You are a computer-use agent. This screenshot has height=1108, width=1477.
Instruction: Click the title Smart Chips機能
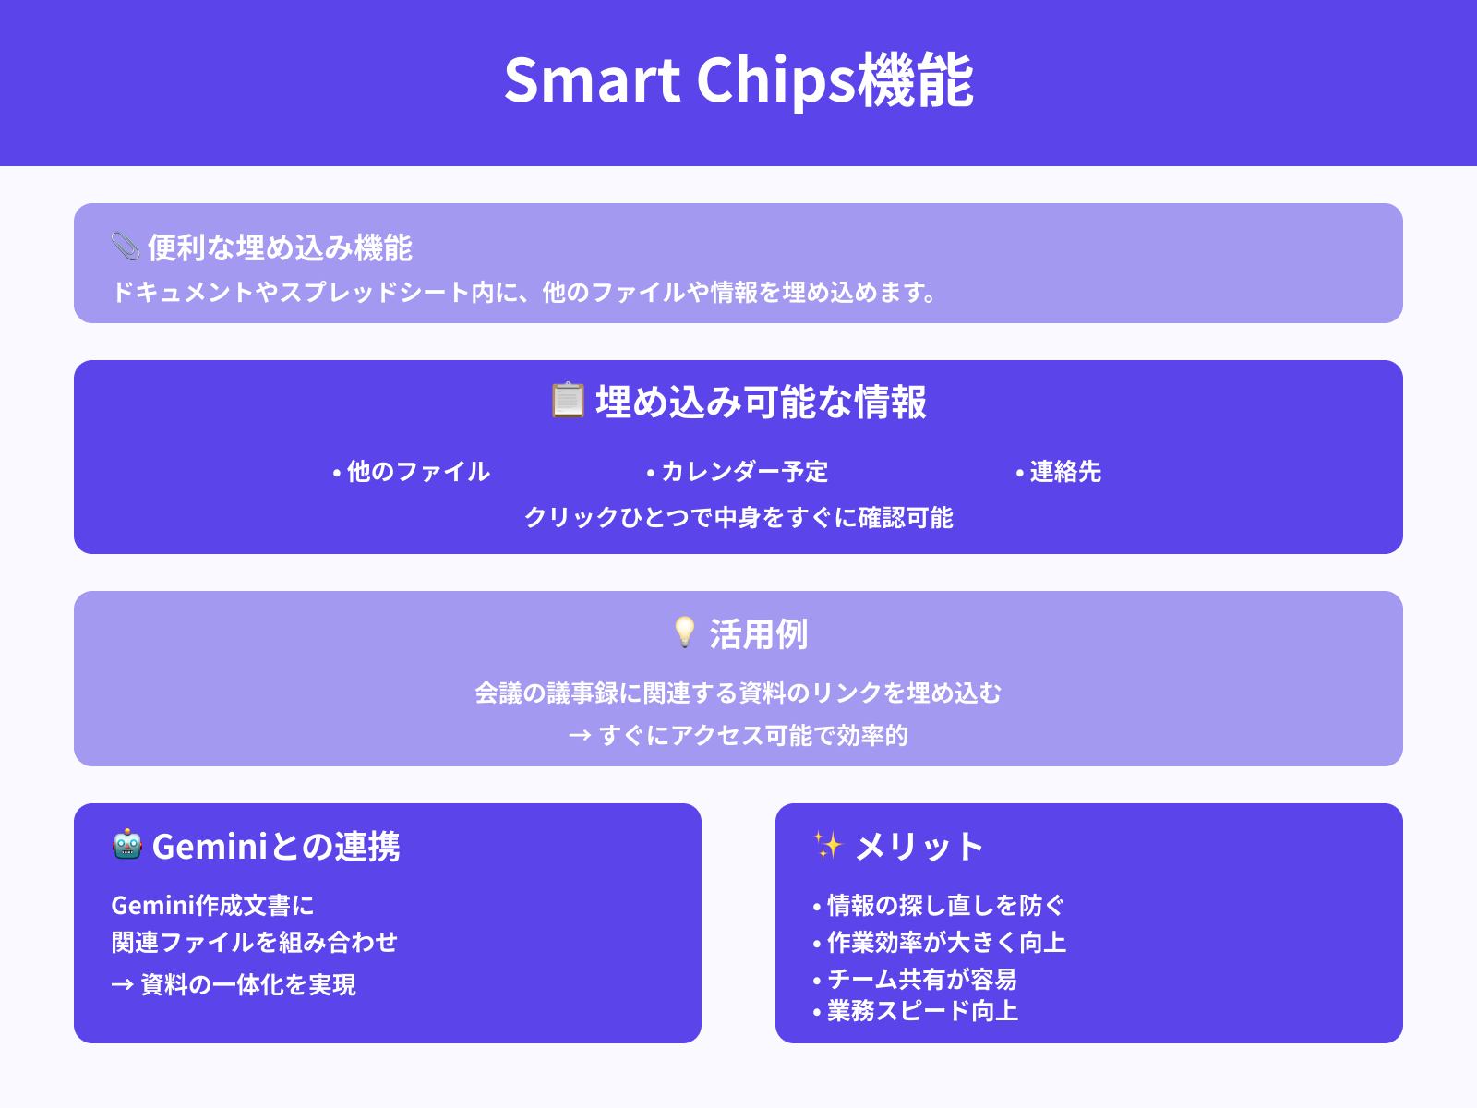coord(738,80)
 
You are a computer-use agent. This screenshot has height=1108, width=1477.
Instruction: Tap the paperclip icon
coord(125,247)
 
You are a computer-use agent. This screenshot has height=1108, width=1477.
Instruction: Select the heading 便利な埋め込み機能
coord(280,247)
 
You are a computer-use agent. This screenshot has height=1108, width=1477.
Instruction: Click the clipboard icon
coord(568,401)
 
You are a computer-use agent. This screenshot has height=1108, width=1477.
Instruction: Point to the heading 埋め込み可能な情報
coord(761,403)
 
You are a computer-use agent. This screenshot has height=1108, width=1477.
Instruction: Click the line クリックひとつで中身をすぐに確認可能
coord(738,517)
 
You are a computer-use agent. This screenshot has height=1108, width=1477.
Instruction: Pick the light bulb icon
coord(684,632)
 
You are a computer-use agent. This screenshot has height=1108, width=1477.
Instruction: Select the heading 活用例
coord(758,634)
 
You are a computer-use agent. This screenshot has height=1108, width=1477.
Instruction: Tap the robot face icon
coord(126,845)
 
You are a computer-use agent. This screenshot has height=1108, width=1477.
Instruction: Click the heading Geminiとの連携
coord(275,847)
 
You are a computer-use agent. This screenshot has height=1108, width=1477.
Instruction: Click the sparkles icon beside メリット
coord(828,845)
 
